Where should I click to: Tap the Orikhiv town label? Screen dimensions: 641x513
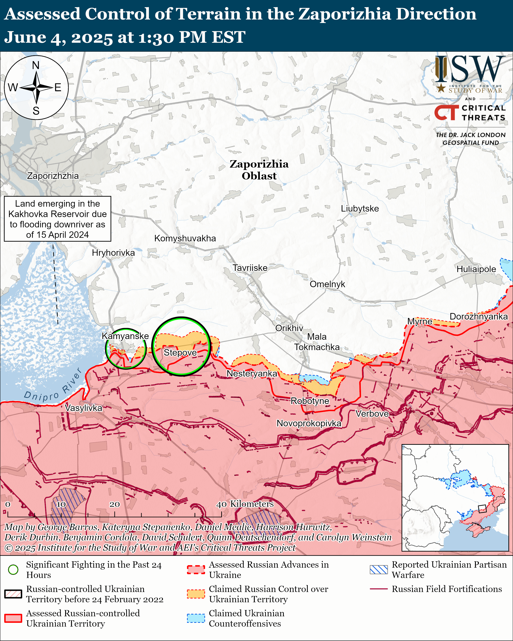[289, 328]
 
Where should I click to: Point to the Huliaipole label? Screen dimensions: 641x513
[476, 269]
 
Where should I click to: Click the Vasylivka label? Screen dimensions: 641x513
[84, 408]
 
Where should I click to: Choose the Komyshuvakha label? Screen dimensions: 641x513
[185, 238]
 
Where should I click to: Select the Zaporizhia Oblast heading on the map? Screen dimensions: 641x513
[259, 170]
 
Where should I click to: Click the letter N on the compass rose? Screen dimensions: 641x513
[36, 65]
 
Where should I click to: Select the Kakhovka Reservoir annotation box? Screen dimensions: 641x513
[57, 219]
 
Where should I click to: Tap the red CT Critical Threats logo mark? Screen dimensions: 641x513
[446, 113]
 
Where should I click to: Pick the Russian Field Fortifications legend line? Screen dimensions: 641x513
[379, 589]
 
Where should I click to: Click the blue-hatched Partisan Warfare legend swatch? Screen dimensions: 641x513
[379, 570]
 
